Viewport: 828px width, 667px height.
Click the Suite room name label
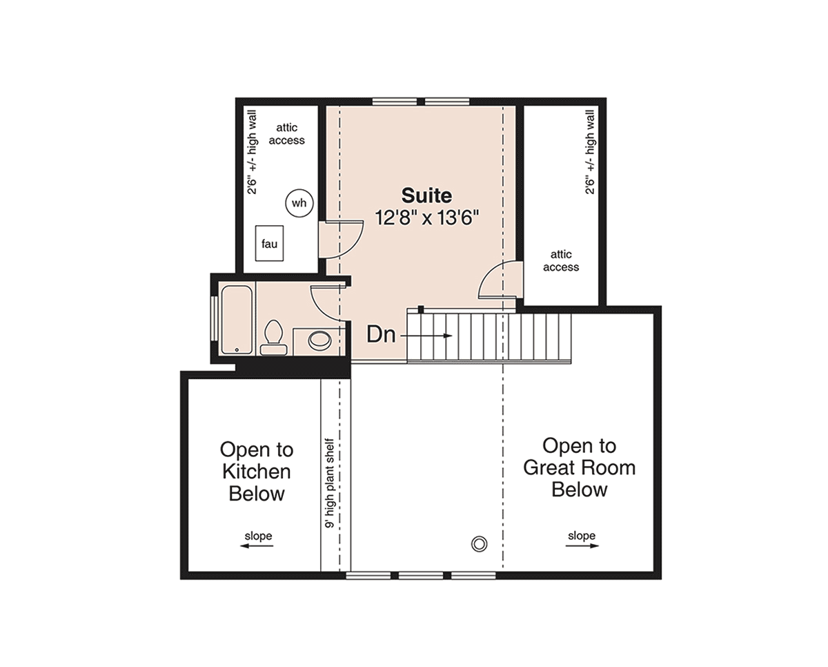(426, 195)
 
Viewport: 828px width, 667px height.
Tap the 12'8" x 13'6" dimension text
(426, 218)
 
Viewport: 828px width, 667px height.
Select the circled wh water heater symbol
(299, 202)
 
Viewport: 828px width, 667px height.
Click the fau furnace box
(269, 243)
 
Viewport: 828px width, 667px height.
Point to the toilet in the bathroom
(273, 337)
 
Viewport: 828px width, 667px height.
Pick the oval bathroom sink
(319, 340)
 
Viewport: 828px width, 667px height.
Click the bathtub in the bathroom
(236, 320)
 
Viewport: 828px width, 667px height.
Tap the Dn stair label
(381, 334)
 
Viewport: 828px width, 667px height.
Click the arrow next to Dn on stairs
(426, 336)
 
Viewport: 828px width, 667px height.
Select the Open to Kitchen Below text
(257, 472)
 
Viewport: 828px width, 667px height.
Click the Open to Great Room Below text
(579, 467)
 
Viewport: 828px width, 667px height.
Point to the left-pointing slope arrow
(257, 545)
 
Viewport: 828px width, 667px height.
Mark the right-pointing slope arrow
(582, 545)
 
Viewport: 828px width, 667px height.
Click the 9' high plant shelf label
(330, 483)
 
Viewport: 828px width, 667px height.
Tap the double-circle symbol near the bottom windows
(480, 544)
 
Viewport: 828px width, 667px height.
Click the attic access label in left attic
(286, 134)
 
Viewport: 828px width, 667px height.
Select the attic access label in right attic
(561, 261)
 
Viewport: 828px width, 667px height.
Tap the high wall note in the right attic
(590, 152)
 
